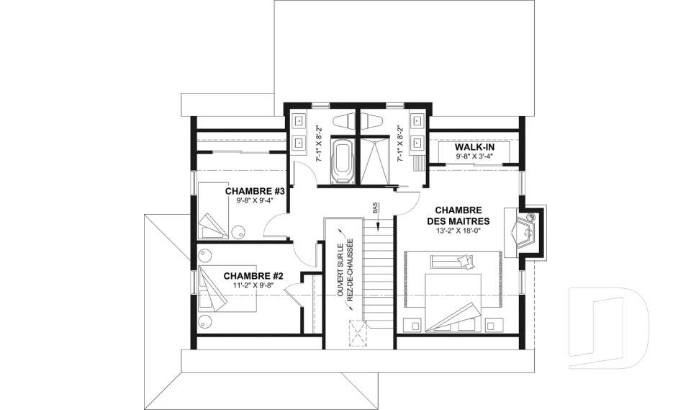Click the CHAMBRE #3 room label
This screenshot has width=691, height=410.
coord(255,191)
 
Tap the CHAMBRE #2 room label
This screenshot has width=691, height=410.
coord(253,276)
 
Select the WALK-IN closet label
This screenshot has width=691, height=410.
coord(474,147)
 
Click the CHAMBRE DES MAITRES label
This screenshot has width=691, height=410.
coord(458,215)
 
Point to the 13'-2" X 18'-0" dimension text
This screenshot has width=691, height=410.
coord(458,230)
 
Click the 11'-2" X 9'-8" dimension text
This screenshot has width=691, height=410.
coord(253,285)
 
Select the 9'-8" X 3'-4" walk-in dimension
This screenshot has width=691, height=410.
coord(474,156)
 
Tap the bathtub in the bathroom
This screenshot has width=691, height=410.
coord(343,161)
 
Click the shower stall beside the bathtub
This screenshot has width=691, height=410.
coord(374,161)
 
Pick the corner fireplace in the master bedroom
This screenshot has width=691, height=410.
coord(523,231)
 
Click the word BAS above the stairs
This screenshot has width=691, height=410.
coord(375,208)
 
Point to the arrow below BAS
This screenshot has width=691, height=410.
coord(378,222)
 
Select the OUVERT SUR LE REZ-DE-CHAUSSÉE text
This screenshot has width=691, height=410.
coord(345,269)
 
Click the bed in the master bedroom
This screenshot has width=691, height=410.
coord(453,303)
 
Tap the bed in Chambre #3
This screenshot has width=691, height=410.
coord(213,211)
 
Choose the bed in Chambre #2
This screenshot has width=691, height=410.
coord(228,289)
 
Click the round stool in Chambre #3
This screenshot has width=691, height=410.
coord(238,232)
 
